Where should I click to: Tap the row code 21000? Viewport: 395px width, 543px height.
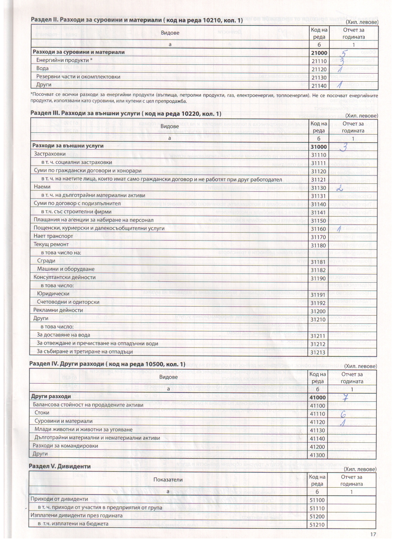319,53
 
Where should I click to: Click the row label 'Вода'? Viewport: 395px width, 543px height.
42,68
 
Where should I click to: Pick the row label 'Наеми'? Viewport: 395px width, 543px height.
42,187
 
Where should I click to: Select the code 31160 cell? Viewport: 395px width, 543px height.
318,229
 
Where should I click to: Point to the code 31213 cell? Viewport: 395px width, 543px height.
318,352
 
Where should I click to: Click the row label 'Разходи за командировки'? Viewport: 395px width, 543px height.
65,446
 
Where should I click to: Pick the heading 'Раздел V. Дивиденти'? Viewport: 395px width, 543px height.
60,466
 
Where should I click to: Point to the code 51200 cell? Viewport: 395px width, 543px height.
317,516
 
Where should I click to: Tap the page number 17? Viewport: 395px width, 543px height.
373,534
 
